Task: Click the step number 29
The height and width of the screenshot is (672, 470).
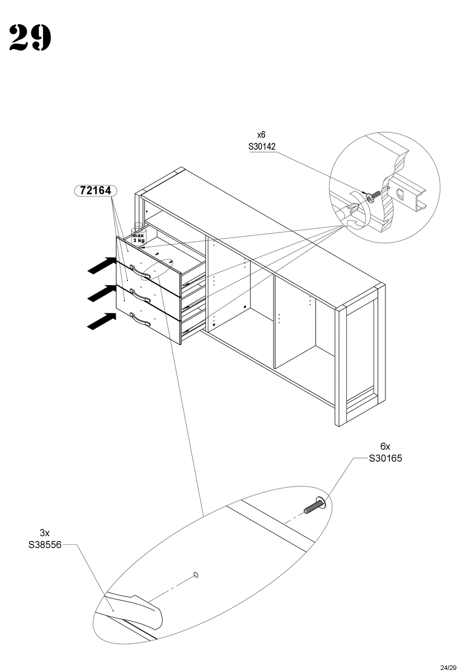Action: [x=30, y=38]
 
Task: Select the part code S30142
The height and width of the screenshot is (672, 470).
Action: [x=262, y=146]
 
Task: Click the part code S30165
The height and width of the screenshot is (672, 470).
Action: [x=385, y=458]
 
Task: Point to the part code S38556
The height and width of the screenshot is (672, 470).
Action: [x=45, y=545]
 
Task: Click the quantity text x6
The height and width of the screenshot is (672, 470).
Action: [x=261, y=135]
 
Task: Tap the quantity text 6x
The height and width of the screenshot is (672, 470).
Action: [x=385, y=446]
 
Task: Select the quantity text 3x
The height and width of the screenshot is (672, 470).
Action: [x=45, y=533]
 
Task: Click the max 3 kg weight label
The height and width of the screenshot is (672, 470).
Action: [x=138, y=238]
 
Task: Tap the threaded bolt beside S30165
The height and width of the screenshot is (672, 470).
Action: [x=313, y=507]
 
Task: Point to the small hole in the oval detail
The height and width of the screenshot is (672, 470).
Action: [x=195, y=575]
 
